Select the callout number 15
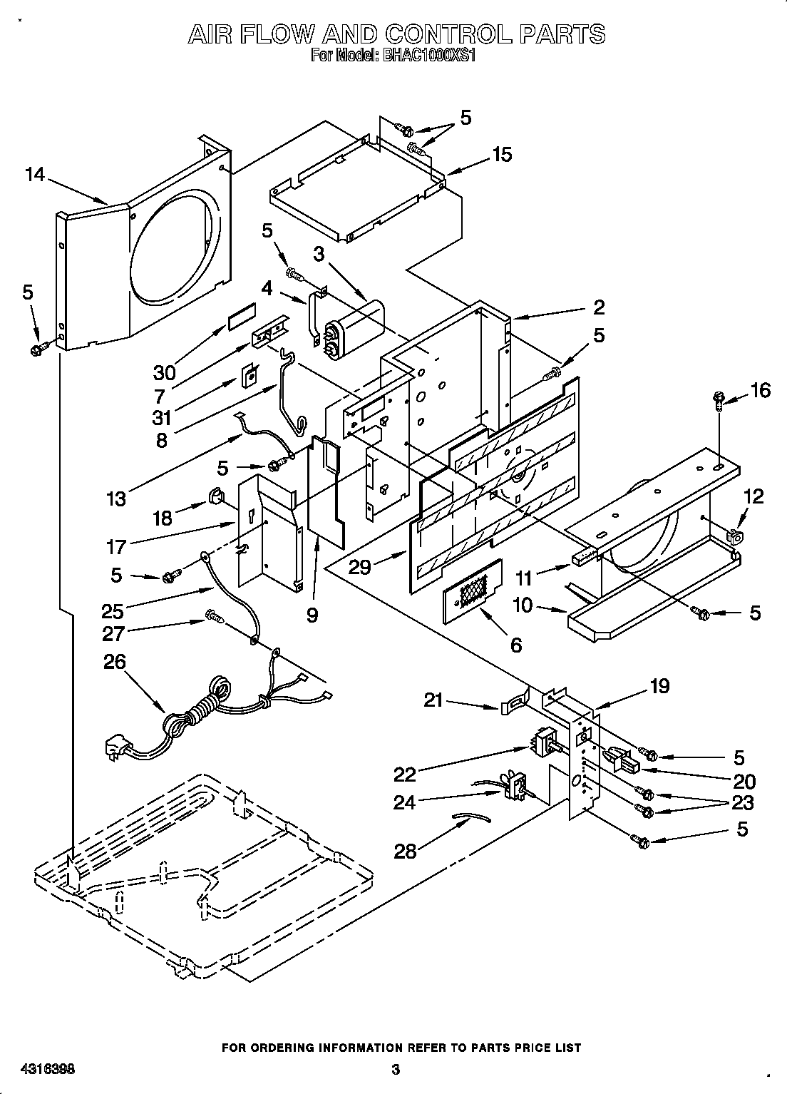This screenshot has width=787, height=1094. pyautogui.click(x=502, y=155)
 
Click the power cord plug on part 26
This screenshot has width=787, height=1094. pyautogui.click(x=117, y=749)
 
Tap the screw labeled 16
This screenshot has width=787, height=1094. pyautogui.click(x=719, y=402)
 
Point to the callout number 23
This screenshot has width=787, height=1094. pyautogui.click(x=742, y=803)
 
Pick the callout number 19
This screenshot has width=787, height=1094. pyautogui.click(x=659, y=686)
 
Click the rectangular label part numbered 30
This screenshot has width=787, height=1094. pyautogui.click(x=241, y=317)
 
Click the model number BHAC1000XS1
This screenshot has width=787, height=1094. pyautogui.click(x=423, y=56)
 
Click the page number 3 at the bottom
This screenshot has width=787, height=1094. pyautogui.click(x=396, y=1070)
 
